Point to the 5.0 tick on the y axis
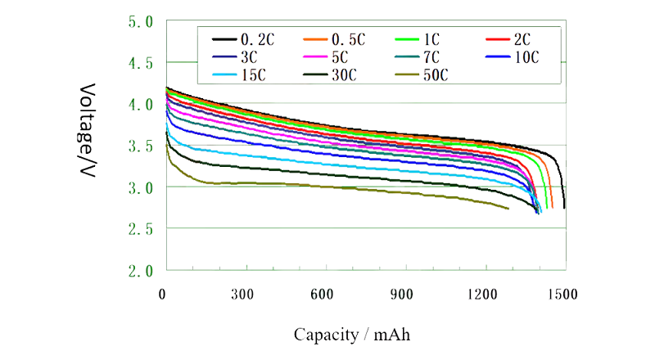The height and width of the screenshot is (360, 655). point(138,21)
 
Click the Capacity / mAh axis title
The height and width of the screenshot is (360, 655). point(354,334)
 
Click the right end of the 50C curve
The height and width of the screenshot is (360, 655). point(508,209)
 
